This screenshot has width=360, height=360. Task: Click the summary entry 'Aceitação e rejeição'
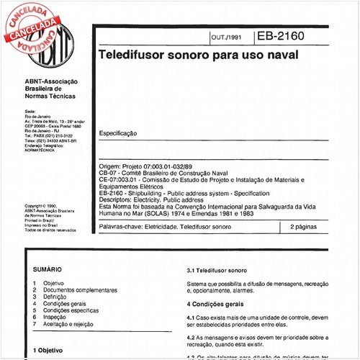[72, 325]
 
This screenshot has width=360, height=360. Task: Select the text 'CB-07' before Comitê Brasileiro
[109, 173]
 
